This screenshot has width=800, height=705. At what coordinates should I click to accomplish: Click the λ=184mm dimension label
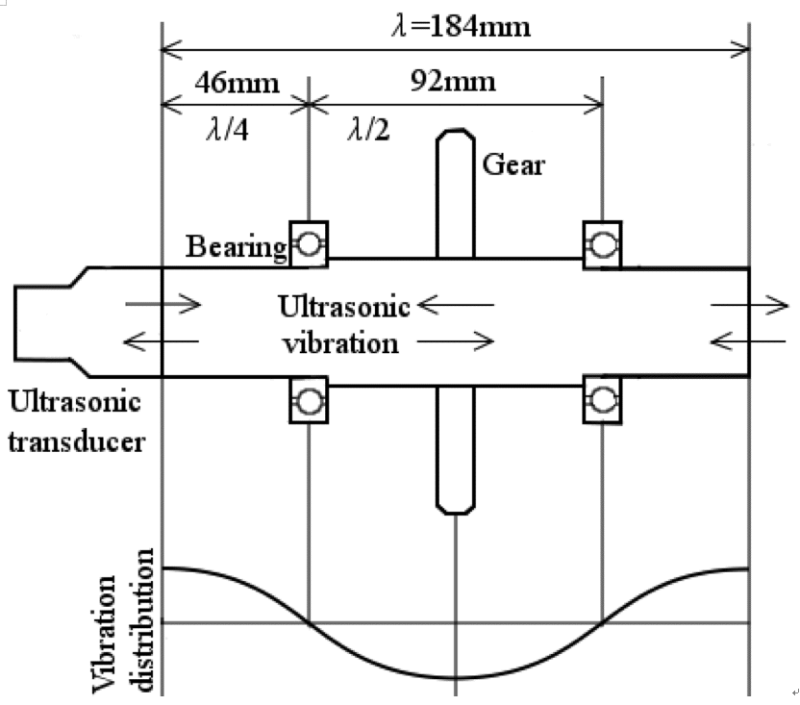coord(462,26)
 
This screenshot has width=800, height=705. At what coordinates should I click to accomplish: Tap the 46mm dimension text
coord(237,82)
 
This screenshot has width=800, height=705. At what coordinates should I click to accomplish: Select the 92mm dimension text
coord(453,81)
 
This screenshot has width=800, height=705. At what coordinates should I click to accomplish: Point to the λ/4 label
coord(228,129)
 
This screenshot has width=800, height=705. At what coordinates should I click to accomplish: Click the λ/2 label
coord(368,129)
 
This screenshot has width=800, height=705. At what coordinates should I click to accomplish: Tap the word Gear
coord(513,164)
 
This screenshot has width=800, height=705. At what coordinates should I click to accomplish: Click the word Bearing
coord(237,246)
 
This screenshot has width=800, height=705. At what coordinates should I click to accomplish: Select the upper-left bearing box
coord(309,244)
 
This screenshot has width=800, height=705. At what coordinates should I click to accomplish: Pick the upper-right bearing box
coord(602,244)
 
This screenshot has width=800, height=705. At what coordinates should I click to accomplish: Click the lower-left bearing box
coord(309,400)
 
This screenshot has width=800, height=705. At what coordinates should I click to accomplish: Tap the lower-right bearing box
coord(602,400)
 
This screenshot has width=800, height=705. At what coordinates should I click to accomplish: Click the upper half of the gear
coord(456,193)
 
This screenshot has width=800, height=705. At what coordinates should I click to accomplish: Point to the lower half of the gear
coord(456,450)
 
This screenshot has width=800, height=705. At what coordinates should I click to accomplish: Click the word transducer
coord(77,441)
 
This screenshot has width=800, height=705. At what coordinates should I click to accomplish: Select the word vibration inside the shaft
coord(340,343)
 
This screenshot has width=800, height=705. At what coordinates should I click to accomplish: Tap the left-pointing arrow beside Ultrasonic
coord(456,305)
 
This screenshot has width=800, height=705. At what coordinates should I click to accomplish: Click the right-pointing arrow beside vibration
coord(456,341)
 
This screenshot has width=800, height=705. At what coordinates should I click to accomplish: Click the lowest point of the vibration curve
coord(456,678)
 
